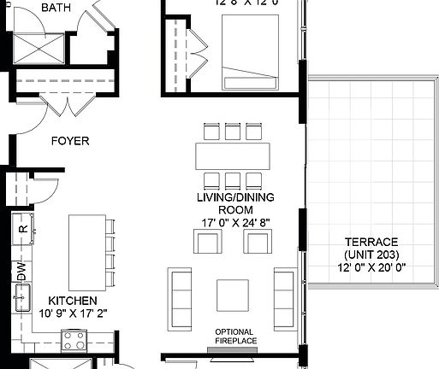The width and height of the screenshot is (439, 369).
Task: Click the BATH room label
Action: pyautogui.click(x=56, y=9)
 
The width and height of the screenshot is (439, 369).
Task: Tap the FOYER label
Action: pyautogui.click(x=70, y=141)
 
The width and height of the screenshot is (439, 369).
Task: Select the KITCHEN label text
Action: pyautogui.click(x=72, y=302)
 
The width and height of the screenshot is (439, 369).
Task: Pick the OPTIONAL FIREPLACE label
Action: pyautogui.click(x=234, y=336)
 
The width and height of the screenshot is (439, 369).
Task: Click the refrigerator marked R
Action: pyautogui.click(x=22, y=227)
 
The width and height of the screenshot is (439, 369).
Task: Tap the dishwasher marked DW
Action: pyautogui.click(x=21, y=272)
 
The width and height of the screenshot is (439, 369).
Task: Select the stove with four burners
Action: pyautogui.click(x=74, y=343)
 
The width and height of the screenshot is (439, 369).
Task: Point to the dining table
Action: pyautogui.click(x=232, y=156)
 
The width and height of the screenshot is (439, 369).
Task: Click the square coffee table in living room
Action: pyautogui.click(x=233, y=295)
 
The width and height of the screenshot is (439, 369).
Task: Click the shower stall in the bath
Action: pyautogui.click(x=39, y=50)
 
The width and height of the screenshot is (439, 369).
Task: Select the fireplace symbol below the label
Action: pyautogui.click(x=233, y=348)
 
